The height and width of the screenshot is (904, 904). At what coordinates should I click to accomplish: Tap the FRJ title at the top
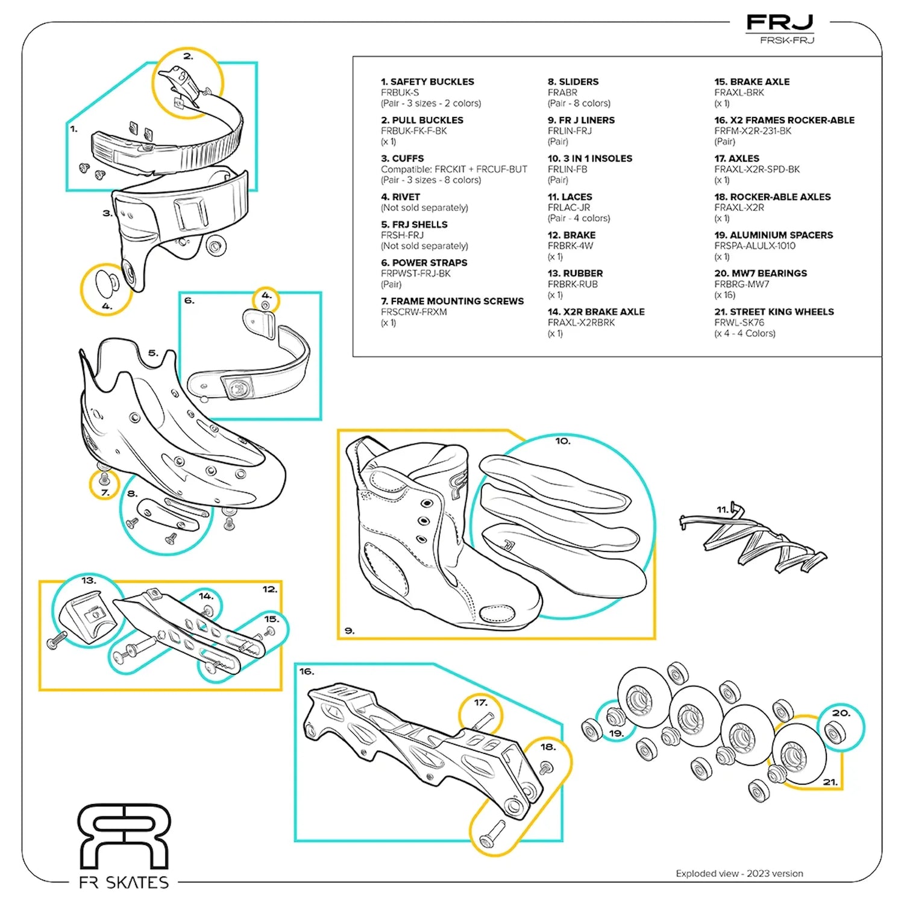780,24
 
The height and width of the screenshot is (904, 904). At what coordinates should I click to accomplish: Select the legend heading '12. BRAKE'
571,235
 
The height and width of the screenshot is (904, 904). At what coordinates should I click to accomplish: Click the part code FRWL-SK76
739,322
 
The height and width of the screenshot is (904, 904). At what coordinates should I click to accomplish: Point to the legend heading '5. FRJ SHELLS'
414,224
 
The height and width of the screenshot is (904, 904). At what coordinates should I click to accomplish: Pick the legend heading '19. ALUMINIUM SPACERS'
774,235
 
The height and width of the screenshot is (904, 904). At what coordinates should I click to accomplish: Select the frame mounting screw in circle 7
104,480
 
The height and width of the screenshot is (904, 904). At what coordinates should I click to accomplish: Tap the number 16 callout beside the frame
307,671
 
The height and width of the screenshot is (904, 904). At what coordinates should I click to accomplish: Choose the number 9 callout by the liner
350,630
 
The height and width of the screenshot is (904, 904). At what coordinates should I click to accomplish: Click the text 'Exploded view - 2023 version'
739,873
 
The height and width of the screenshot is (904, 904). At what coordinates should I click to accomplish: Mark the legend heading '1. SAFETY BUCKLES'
427,81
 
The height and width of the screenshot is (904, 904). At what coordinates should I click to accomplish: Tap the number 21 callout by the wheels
830,782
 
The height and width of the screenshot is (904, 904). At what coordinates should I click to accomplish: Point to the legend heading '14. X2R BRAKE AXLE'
596,312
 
